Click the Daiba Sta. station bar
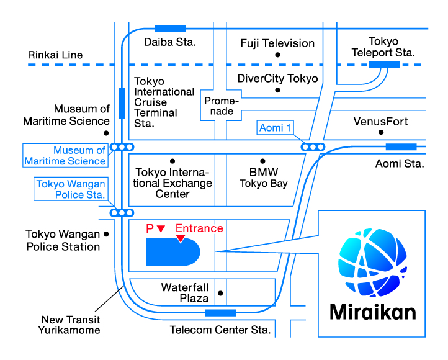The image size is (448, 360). (170, 29)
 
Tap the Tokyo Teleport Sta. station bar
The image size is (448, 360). (385, 65)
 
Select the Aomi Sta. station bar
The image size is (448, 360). (401, 147)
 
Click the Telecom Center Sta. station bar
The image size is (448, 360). (221, 313)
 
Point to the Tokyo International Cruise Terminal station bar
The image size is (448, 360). (122, 103)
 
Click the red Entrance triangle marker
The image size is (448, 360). (181, 238)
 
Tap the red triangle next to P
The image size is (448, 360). (161, 228)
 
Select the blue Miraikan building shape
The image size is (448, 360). (173, 252)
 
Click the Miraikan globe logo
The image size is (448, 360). (372, 263)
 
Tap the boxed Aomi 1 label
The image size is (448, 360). (275, 128)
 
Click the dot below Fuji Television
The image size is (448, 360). (277, 55)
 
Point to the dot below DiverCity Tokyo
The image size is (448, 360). (277, 90)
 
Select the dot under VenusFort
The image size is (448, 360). (381, 132)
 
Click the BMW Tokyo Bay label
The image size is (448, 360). (264, 178)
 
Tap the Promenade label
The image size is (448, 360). (222, 106)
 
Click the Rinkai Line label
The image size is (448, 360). (55, 55)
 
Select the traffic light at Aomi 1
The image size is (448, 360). (313, 147)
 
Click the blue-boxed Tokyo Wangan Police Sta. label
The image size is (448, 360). (71, 189)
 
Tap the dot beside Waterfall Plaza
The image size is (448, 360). (220, 293)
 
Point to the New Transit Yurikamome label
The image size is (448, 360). (69, 325)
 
